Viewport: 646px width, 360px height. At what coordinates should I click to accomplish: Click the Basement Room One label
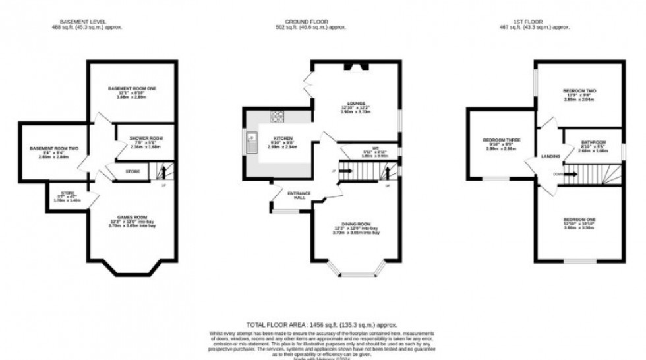click(133, 88)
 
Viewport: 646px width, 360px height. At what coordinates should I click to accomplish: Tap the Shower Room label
click(146, 138)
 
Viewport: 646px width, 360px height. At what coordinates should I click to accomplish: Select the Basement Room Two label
click(54, 148)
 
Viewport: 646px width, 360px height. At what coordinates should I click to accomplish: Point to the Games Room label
click(132, 216)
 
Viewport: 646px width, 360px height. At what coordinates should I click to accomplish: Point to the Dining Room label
click(356, 224)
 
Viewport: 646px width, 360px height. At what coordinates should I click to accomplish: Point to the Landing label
click(550, 156)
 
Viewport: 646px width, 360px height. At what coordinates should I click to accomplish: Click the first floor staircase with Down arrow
click(590, 174)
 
